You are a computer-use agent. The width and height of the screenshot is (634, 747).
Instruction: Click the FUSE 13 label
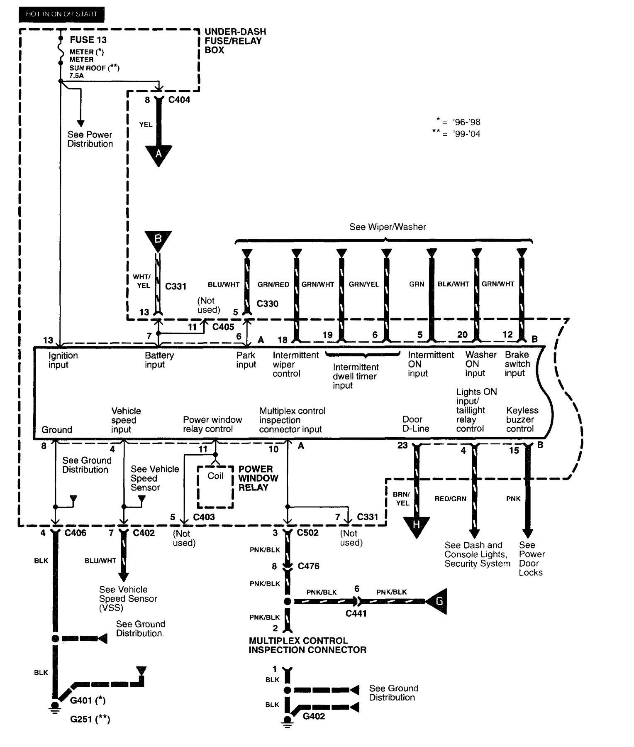point(88,40)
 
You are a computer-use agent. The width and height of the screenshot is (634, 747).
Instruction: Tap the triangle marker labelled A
point(158,155)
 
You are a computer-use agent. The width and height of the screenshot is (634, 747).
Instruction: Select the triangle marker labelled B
point(158,240)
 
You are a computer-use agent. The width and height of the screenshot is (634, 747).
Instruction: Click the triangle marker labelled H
point(416,525)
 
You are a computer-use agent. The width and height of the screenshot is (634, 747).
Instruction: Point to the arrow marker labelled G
point(437,601)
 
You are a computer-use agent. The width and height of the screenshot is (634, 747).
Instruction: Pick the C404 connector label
point(179,100)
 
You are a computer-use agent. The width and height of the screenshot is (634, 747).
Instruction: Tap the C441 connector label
point(356,613)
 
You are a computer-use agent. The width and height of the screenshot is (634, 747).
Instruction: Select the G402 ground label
point(314,716)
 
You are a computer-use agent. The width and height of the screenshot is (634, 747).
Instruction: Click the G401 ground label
point(88,700)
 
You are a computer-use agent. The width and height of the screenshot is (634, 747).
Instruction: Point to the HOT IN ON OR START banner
point(61,14)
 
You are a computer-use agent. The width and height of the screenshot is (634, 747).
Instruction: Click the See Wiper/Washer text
point(388,227)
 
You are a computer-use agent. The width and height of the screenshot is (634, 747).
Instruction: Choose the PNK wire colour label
point(513,499)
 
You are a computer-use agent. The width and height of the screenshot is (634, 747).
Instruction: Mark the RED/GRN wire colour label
point(450,499)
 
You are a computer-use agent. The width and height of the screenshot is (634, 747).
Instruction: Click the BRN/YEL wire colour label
point(402,499)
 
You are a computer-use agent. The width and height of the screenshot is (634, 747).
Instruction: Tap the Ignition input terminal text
point(63,360)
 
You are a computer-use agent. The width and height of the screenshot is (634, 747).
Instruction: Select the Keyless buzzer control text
point(522,419)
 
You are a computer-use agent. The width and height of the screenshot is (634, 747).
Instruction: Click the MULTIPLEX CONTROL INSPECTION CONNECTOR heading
point(307,645)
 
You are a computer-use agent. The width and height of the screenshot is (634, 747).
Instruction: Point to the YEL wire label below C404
point(146,125)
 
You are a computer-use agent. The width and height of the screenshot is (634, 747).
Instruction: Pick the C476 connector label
point(308,566)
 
